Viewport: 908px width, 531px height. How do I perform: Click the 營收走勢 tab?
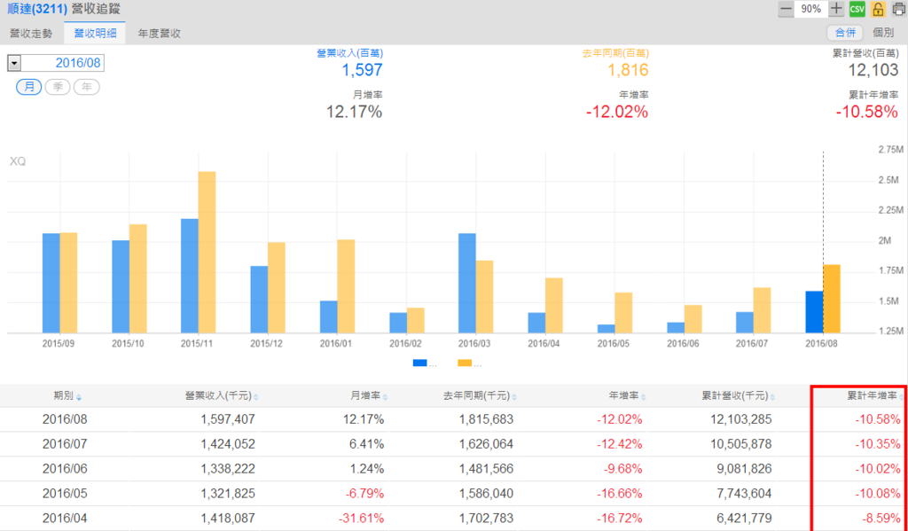coord(30,33)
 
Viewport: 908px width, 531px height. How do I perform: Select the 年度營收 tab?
coord(160,33)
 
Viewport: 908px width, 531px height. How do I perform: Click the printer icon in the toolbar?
coord(897,9)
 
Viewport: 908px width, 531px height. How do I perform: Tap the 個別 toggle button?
coord(883,33)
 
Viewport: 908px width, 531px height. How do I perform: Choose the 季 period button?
coord(58,87)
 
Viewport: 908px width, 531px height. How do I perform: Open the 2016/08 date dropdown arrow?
coord(14,63)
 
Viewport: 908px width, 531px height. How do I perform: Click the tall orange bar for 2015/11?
coord(207,252)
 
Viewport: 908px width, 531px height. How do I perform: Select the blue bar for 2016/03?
coord(467,283)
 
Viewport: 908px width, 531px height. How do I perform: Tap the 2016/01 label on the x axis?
coord(336,343)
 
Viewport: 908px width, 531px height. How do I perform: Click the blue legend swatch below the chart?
coord(419,363)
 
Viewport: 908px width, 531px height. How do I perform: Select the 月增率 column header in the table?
coord(366,395)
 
